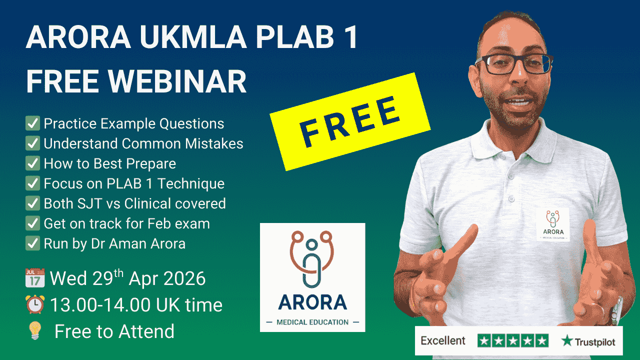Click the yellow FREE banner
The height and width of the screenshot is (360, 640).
(350, 121)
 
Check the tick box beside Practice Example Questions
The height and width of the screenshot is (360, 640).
(33, 123)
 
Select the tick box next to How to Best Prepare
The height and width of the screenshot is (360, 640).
(33, 163)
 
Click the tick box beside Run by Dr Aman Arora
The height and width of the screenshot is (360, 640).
(33, 243)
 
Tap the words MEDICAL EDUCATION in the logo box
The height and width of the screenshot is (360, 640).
(312, 322)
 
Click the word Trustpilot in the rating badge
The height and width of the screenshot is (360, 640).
(593, 342)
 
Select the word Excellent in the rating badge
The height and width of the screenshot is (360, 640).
(443, 341)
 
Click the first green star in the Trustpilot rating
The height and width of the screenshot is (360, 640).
(484, 341)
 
